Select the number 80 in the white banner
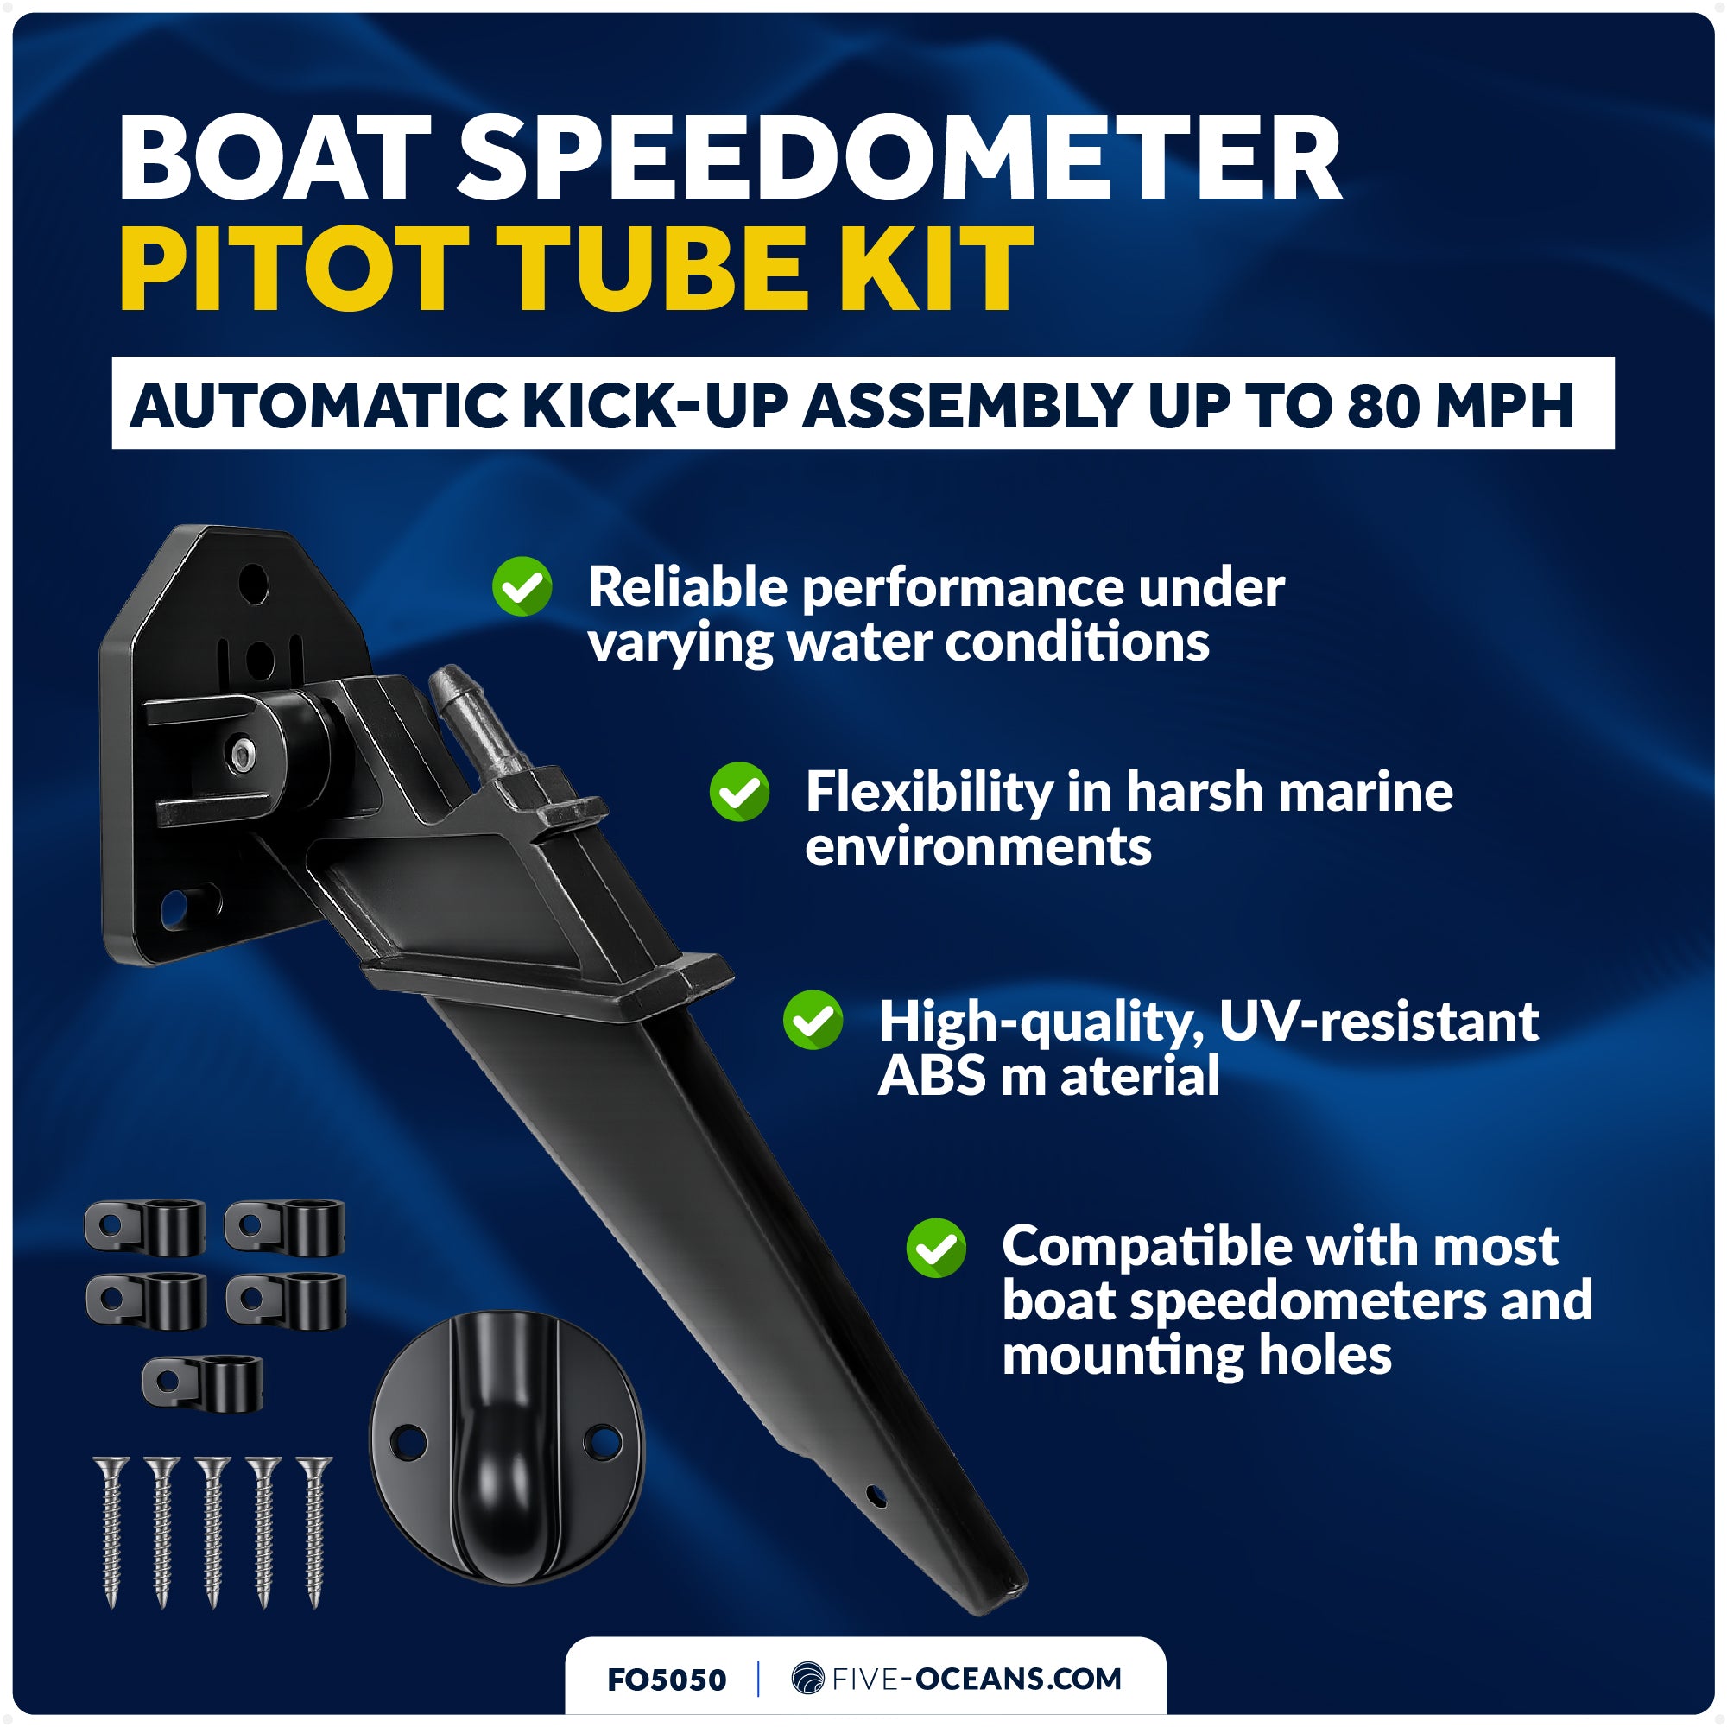tap(1385, 407)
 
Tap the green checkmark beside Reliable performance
tap(522, 586)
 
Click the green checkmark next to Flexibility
tap(739, 791)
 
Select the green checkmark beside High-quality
tap(813, 1020)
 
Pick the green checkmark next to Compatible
tap(936, 1248)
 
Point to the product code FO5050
tap(666, 1680)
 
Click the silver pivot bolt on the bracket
tap(243, 756)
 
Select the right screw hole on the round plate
tap(605, 1442)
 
